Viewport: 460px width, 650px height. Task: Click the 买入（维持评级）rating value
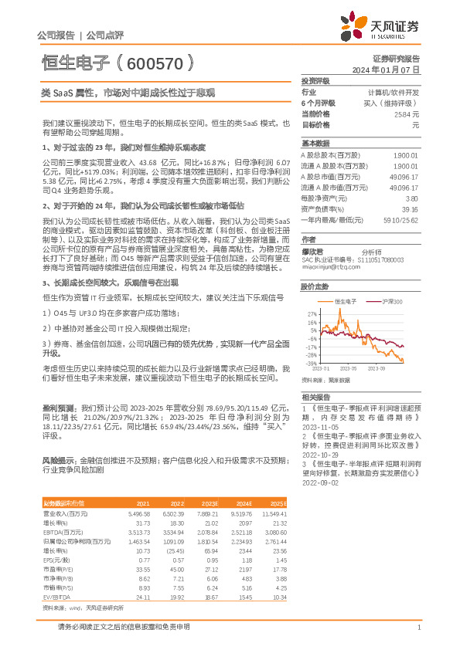[391, 103]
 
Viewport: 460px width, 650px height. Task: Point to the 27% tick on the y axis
[312, 314]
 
